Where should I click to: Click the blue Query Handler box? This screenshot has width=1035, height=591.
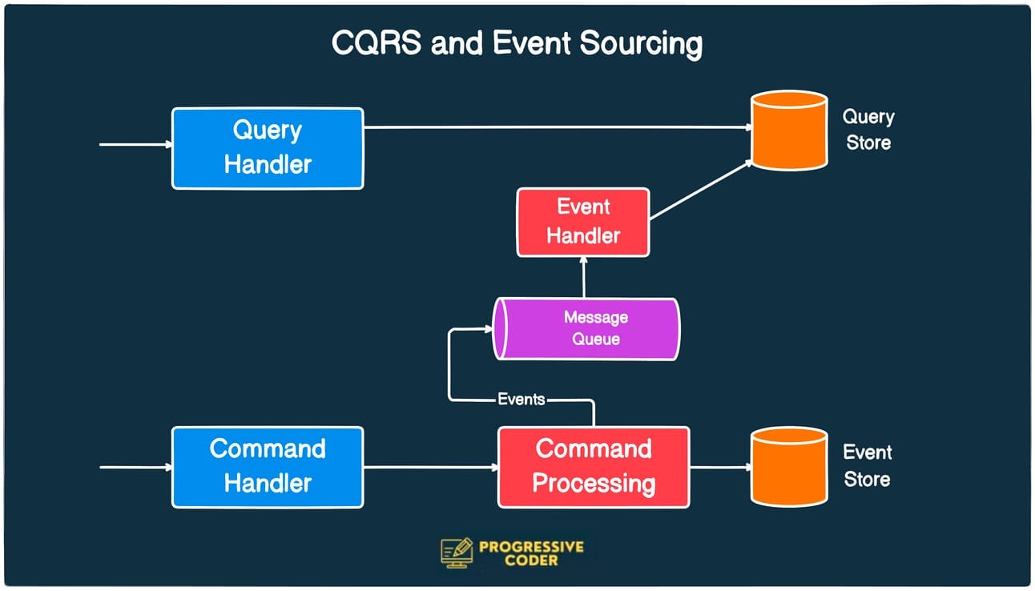[268, 148]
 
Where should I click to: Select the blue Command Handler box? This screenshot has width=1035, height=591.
[268, 467]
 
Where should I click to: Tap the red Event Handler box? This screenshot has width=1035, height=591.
[582, 222]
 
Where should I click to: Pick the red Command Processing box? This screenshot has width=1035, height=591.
[594, 467]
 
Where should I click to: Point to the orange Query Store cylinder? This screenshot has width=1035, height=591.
[788, 131]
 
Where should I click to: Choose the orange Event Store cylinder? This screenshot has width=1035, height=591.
[788, 466]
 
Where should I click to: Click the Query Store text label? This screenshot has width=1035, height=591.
[868, 130]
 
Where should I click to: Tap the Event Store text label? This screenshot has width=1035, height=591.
[867, 465]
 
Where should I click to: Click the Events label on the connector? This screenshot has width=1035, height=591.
[521, 399]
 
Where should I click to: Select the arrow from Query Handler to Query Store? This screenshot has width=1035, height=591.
[553, 127]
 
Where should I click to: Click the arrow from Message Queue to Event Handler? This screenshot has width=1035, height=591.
[584, 278]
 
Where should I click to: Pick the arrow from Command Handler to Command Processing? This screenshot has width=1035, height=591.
[430, 467]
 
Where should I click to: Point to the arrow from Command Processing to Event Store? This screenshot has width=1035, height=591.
[719, 467]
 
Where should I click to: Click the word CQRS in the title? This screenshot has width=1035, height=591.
[376, 44]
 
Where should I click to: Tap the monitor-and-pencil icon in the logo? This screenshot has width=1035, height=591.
[457, 552]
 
